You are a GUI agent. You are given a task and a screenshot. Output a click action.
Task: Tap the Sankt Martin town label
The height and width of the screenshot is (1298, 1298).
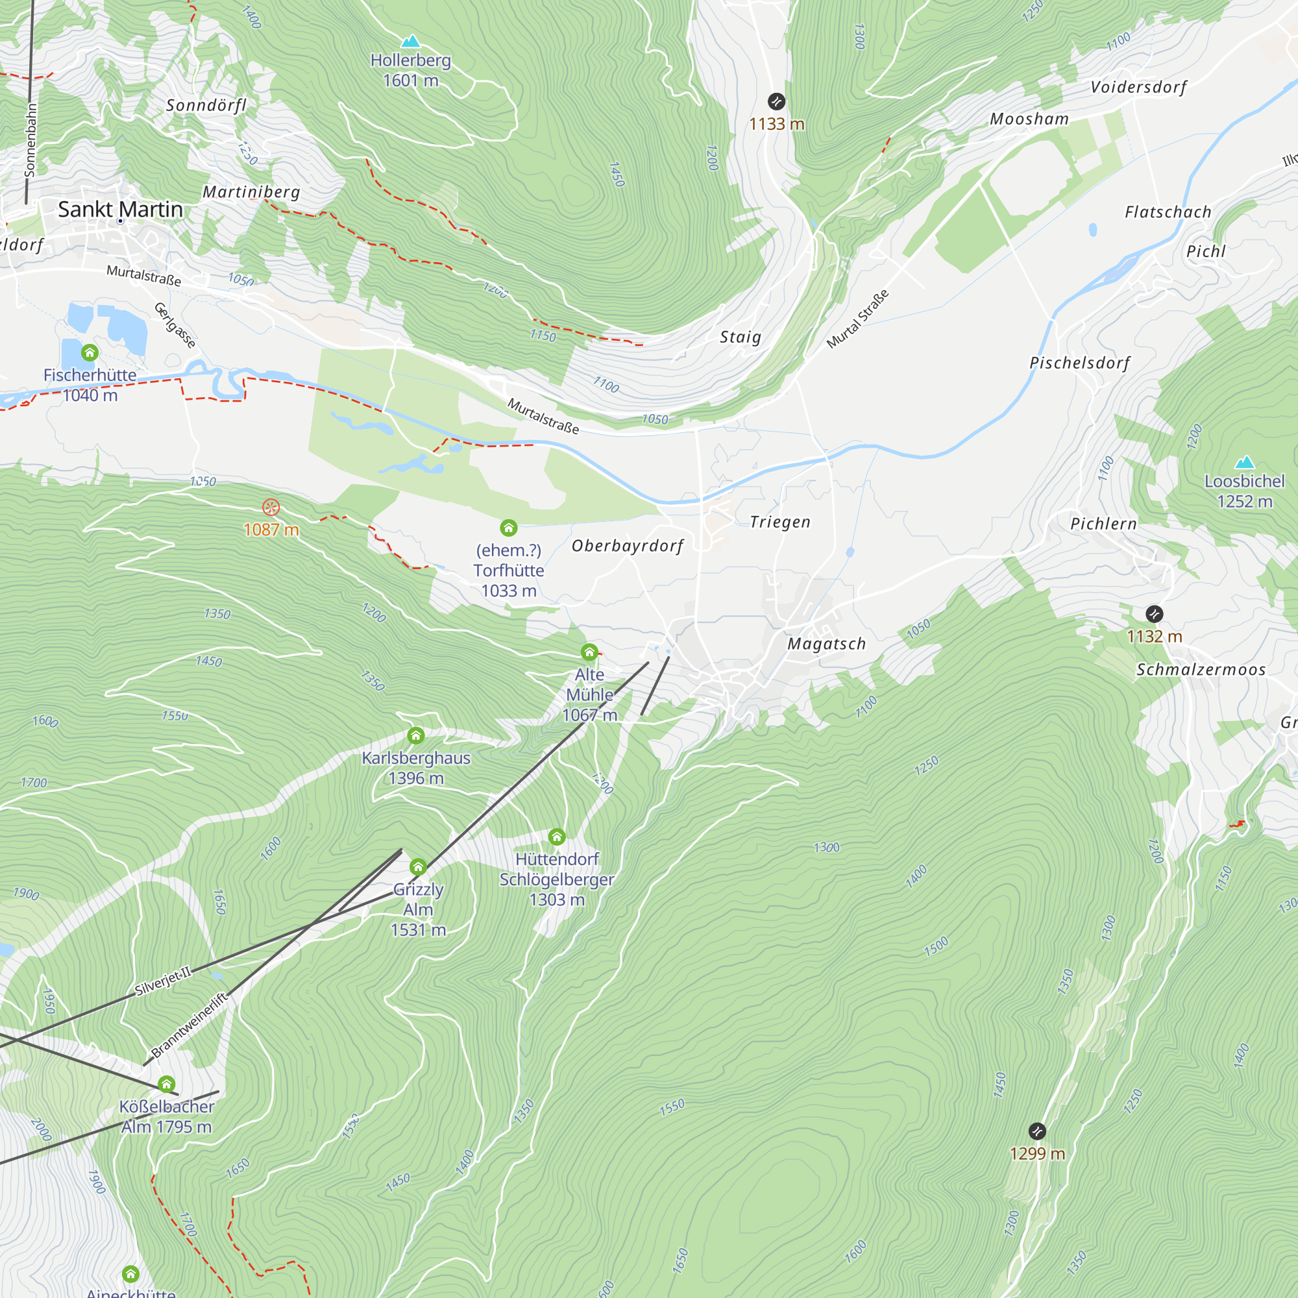(x=120, y=209)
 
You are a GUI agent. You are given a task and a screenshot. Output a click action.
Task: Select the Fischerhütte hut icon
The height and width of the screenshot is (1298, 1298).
(x=90, y=352)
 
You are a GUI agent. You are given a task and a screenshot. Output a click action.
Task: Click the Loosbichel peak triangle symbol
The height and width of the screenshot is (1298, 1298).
(x=1244, y=462)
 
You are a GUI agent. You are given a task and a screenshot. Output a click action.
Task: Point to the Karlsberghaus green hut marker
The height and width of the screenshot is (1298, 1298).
(x=416, y=736)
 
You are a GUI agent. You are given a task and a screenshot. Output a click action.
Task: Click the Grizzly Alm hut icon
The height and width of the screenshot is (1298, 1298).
(x=418, y=866)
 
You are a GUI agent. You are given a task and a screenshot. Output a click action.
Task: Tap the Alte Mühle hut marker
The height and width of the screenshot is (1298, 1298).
(x=589, y=652)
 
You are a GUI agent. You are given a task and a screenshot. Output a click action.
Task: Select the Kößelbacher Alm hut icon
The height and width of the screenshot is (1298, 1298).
(x=166, y=1084)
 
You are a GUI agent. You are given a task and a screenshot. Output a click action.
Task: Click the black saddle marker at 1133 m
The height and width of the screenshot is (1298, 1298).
(x=776, y=101)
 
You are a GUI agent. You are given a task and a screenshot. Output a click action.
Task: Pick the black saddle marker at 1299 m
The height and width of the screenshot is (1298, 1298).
(x=1036, y=1131)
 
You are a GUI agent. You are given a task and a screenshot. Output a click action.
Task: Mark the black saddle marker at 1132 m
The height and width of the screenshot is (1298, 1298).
(x=1153, y=613)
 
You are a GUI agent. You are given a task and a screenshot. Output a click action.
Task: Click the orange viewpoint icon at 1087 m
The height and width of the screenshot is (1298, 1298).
(x=271, y=508)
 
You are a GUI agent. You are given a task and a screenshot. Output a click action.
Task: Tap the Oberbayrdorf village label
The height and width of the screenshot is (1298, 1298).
(x=627, y=546)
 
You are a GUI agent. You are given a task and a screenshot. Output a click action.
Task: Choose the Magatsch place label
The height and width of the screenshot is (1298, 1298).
(x=826, y=644)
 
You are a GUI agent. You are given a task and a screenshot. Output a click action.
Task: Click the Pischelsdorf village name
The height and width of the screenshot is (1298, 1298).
(x=1079, y=363)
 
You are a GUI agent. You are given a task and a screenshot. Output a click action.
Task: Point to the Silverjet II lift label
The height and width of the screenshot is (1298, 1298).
(x=164, y=981)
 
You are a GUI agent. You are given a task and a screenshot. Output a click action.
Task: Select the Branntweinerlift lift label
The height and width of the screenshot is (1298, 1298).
(x=190, y=1025)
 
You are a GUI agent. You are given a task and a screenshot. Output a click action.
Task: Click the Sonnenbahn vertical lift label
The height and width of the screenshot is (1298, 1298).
(x=31, y=140)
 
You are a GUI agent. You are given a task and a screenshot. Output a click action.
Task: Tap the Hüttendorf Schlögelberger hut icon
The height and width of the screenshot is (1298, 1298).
(x=556, y=837)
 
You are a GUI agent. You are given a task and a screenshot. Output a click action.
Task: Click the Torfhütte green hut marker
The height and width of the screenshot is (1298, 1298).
(x=508, y=528)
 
